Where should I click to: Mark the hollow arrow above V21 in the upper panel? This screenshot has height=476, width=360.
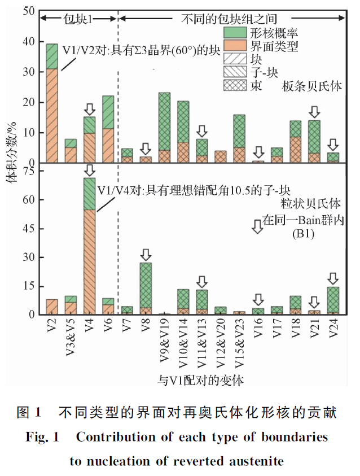click(x=315, y=111)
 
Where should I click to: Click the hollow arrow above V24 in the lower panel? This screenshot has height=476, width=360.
click(x=333, y=278)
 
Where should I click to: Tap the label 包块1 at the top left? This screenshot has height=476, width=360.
click(x=77, y=18)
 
